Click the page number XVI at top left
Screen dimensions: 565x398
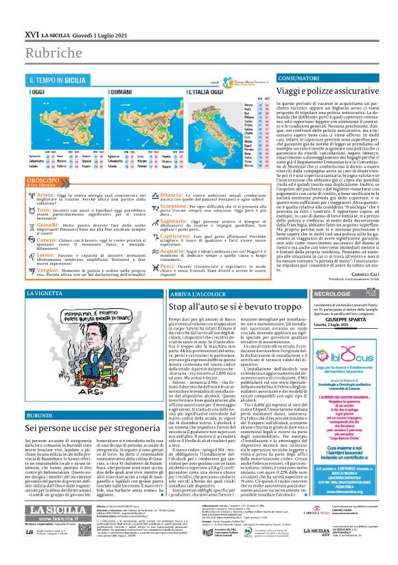tap(32, 34)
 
